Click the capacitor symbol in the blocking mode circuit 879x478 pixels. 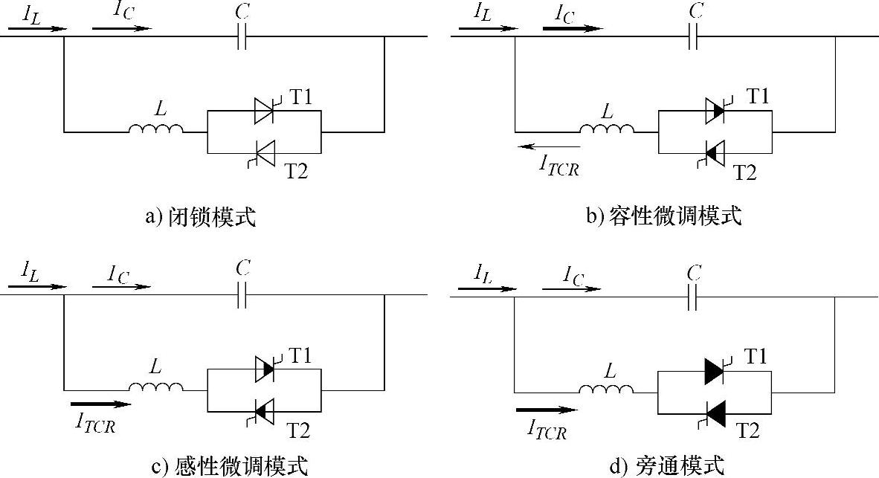pyautogui.click(x=241, y=36)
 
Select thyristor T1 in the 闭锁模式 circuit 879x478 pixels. pyautogui.click(x=265, y=111)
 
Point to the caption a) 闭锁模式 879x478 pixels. pyautogui.click(x=201, y=218)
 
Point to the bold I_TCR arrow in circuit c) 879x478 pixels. pyautogui.click(x=100, y=404)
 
